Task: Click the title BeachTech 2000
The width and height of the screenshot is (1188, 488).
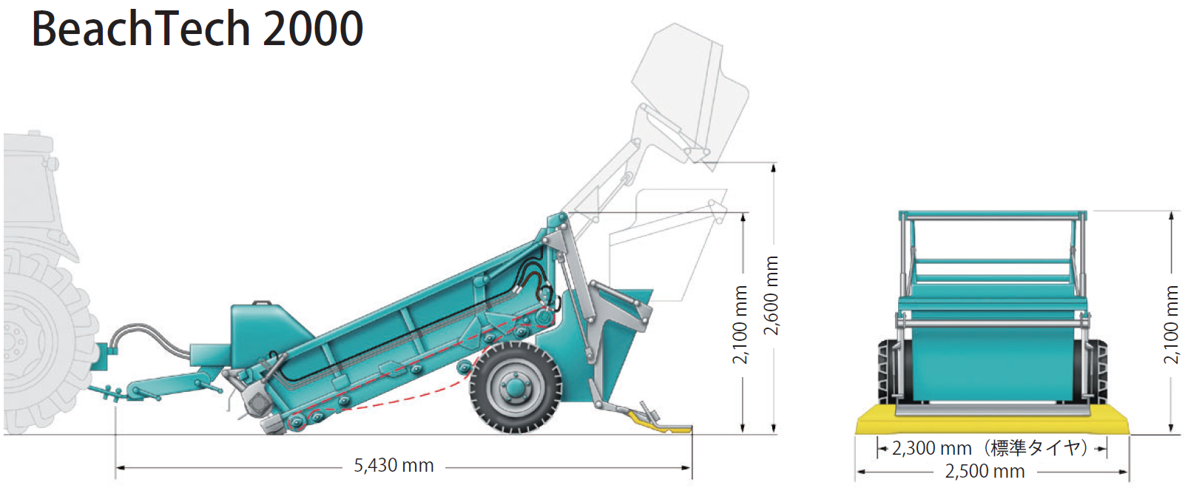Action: (198, 29)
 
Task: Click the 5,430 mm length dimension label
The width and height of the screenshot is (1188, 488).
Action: (394, 466)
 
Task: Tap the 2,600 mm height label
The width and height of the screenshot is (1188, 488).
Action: (771, 296)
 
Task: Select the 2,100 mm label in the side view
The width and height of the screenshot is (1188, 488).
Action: (740, 325)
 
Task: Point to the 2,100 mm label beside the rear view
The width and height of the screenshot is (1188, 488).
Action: (1170, 325)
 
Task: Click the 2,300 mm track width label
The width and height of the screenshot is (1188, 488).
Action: (931, 449)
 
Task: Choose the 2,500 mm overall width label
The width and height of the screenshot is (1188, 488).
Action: (985, 471)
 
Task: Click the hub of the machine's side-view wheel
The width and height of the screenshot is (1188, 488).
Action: (515, 387)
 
